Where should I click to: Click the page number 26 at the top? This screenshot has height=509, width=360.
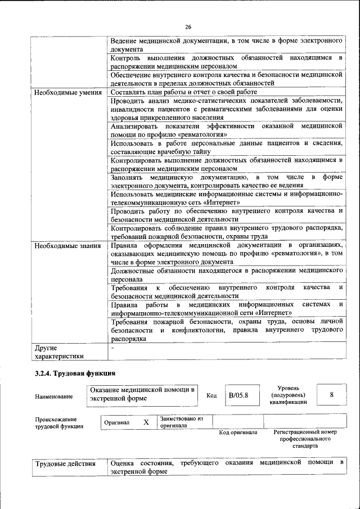click(x=188, y=26)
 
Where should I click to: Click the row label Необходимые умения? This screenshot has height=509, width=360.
click(x=67, y=92)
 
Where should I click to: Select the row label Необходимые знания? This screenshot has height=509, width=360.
click(x=67, y=246)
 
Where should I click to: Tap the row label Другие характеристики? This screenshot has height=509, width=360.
click(x=59, y=352)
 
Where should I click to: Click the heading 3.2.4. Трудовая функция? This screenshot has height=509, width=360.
click(x=75, y=373)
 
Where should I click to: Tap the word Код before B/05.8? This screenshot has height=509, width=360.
click(x=211, y=395)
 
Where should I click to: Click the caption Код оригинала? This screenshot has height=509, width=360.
click(x=238, y=433)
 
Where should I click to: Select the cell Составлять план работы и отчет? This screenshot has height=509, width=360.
click(x=184, y=92)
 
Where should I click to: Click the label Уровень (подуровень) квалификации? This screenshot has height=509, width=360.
click(x=288, y=395)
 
